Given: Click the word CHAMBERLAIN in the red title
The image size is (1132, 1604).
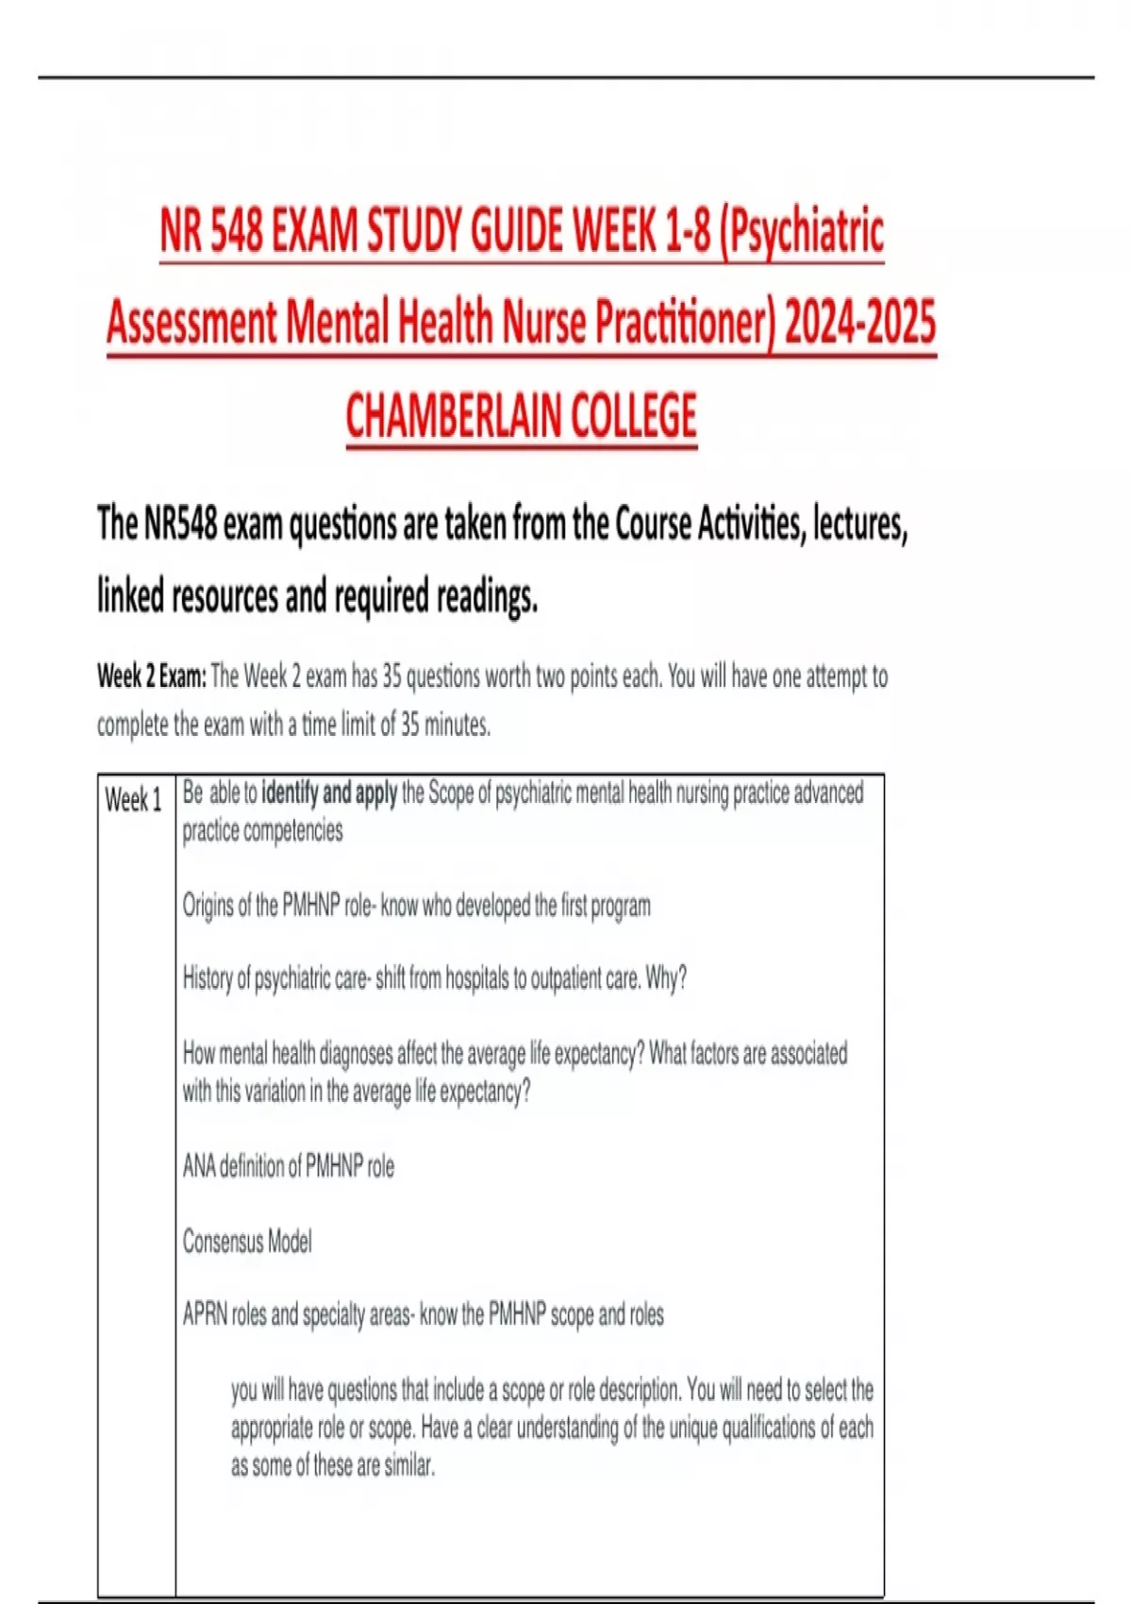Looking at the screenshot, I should (453, 416).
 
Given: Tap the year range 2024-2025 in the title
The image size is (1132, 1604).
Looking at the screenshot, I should (860, 322).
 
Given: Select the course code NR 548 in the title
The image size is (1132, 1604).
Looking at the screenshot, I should (211, 231).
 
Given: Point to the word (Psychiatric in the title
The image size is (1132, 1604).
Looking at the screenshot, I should (801, 231).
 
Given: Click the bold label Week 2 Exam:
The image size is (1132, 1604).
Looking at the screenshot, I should (151, 677).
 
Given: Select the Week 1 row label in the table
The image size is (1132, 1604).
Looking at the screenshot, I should (133, 800).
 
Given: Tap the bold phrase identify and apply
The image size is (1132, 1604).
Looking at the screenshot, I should (329, 793).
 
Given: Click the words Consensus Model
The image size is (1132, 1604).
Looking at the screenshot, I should (247, 1241).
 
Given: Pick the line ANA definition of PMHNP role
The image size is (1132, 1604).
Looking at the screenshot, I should (289, 1166).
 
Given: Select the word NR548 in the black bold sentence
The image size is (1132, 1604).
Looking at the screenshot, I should (180, 524).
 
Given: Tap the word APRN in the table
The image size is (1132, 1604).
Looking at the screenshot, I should (205, 1314).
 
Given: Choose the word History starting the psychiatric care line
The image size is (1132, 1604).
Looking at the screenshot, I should (207, 978).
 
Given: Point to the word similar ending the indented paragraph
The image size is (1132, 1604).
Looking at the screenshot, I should (408, 1465).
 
